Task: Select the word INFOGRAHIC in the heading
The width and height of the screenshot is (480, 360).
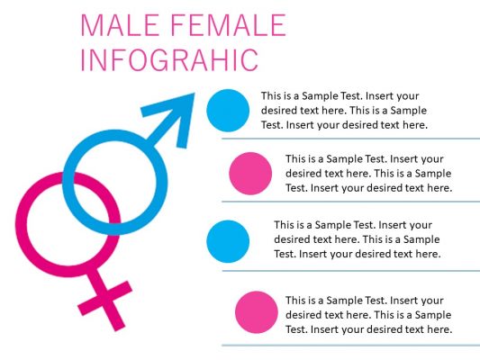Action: coord(169,59)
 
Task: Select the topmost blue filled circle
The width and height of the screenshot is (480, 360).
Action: coord(227,110)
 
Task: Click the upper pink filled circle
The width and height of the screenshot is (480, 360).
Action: coord(250,174)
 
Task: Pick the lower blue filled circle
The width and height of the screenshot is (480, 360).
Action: coord(227,240)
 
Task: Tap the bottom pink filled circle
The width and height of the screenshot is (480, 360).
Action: coord(256,312)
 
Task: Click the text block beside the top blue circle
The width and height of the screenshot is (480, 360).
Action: coord(344,110)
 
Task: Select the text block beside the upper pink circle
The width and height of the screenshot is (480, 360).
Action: coord(368,174)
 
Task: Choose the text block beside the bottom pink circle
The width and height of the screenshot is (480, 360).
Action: coord(368,314)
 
